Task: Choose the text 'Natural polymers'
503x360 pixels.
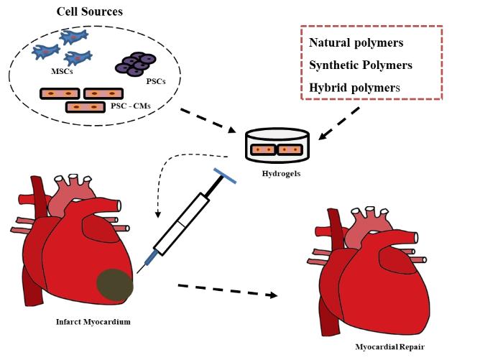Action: point(356,42)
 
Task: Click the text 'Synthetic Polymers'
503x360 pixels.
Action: point(360,65)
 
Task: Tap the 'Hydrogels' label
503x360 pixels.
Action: point(276,173)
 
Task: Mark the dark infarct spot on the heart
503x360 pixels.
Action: point(115,283)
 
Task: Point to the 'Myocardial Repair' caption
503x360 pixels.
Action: point(389,347)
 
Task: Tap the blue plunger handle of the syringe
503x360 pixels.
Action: point(228,175)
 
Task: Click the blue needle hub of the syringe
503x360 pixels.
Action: point(150,257)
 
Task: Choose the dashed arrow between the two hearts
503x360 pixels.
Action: point(227,290)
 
